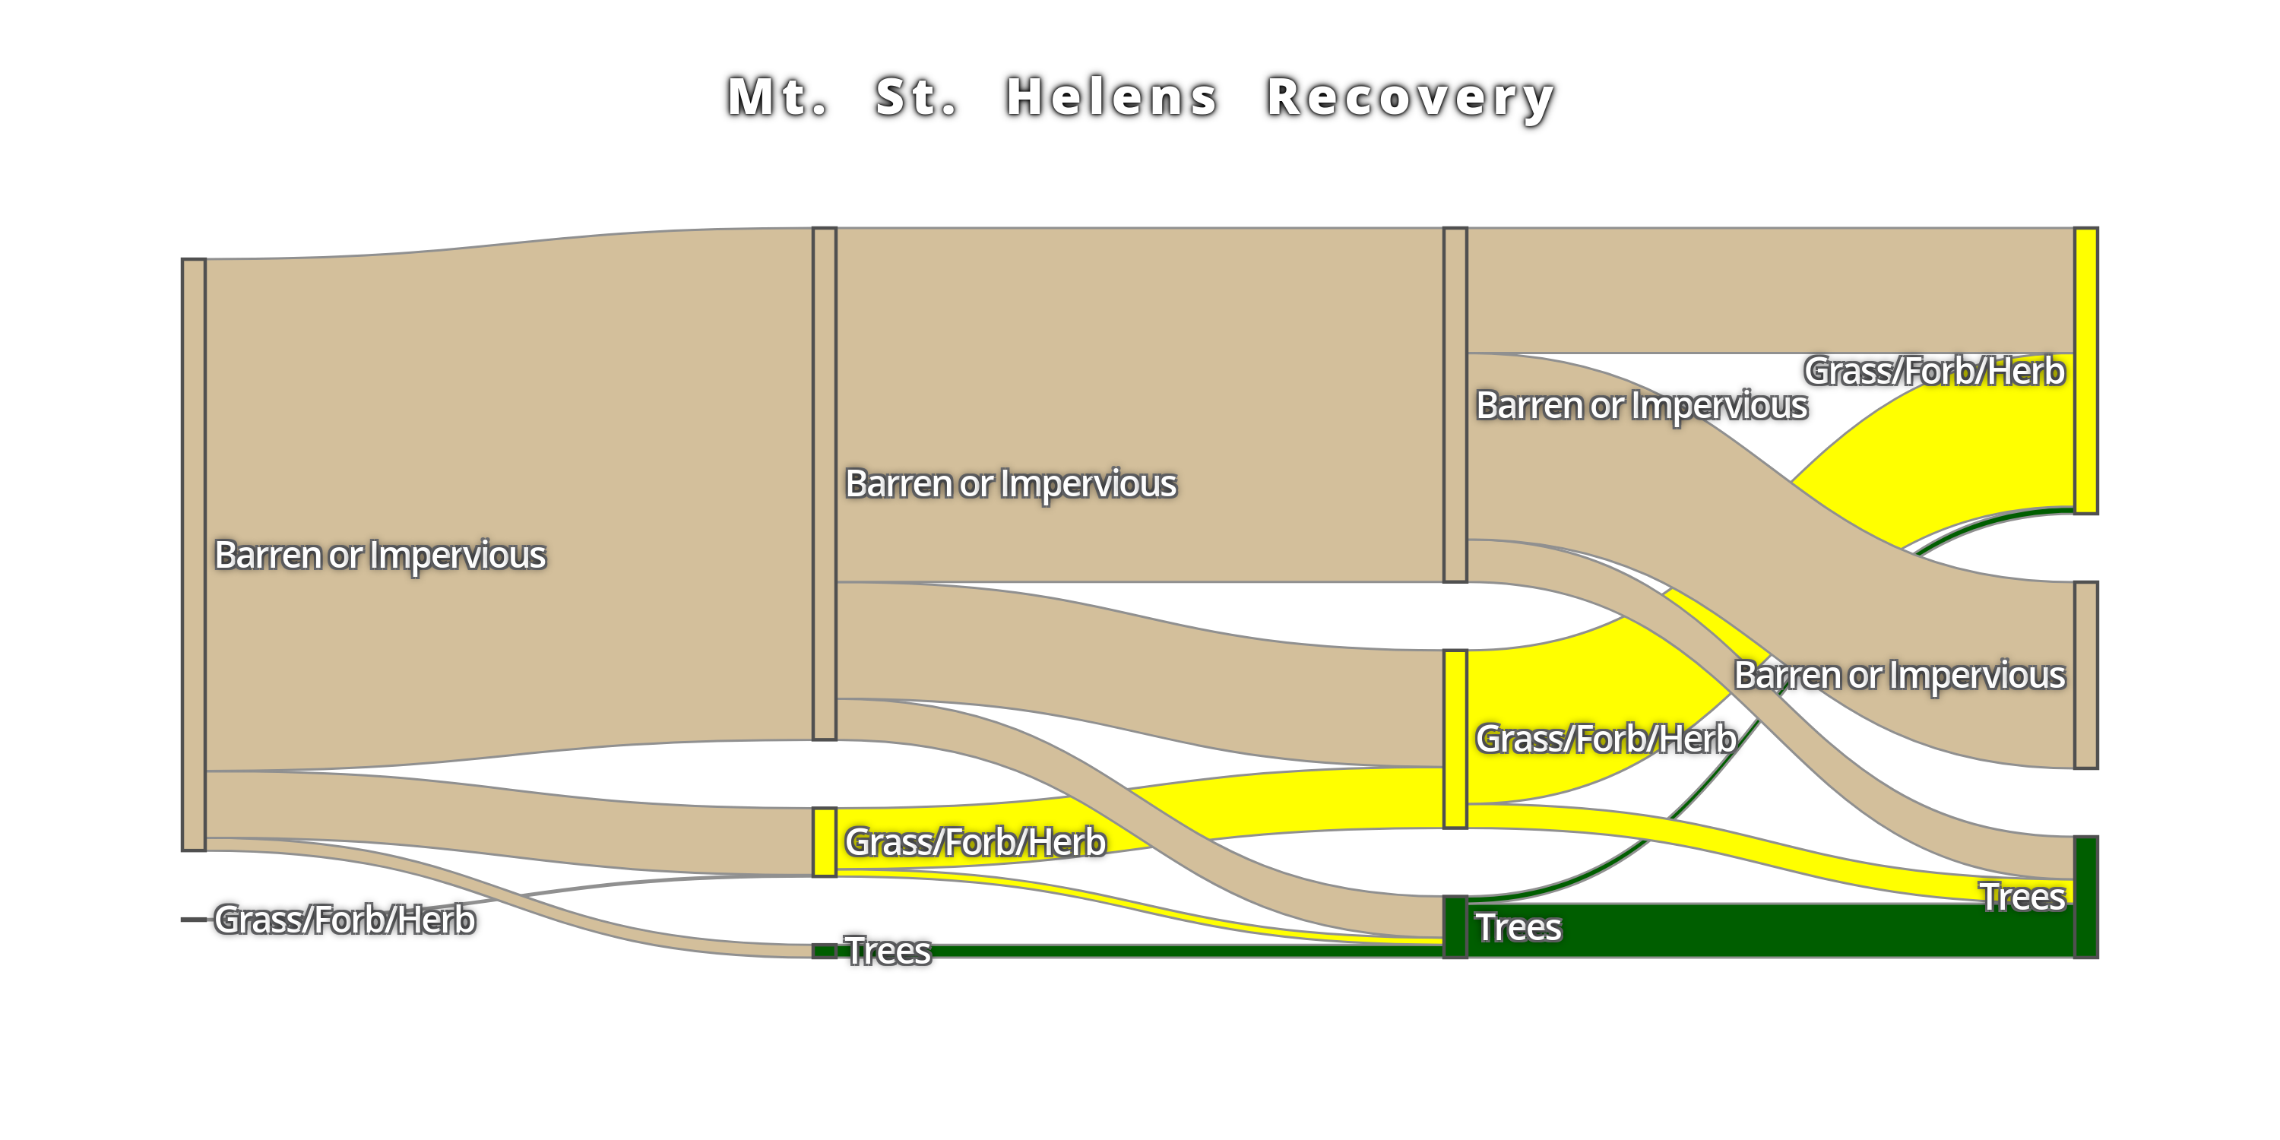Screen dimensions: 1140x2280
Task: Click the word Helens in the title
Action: pyautogui.click(x=1112, y=97)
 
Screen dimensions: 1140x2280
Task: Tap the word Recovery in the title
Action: pyautogui.click(x=1411, y=98)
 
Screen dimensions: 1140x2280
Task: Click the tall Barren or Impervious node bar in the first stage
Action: pyautogui.click(x=194, y=554)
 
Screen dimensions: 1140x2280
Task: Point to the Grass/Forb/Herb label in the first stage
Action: pyautogui.click(x=344, y=920)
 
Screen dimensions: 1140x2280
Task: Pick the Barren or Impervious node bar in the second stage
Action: pyautogui.click(x=824, y=483)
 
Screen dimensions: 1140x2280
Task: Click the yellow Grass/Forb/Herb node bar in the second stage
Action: pyautogui.click(x=824, y=842)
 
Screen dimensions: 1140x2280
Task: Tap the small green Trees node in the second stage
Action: pyautogui.click(x=824, y=951)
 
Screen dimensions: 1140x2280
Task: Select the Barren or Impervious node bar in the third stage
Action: pyautogui.click(x=1455, y=404)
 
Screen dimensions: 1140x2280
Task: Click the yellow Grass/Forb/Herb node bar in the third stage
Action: pyautogui.click(x=1455, y=739)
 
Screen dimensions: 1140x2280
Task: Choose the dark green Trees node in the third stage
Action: pyautogui.click(x=1455, y=926)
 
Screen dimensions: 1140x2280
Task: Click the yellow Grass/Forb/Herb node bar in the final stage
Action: pyautogui.click(x=2086, y=370)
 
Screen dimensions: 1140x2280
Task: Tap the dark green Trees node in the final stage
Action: pyautogui.click(x=2086, y=897)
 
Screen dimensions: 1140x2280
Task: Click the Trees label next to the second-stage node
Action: pyautogui.click(x=888, y=951)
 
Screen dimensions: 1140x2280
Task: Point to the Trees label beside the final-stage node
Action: pyautogui.click(x=2022, y=897)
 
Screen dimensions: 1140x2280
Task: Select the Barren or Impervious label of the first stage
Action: pyautogui.click(x=380, y=555)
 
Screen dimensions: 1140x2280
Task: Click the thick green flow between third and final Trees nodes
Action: pyautogui.click(x=1770, y=930)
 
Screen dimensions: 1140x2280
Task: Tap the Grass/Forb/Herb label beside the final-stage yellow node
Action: pyautogui.click(x=1934, y=371)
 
